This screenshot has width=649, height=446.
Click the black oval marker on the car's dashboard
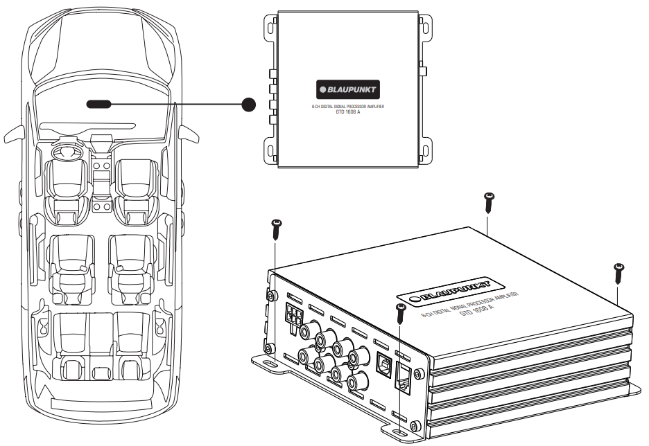[x=98, y=105]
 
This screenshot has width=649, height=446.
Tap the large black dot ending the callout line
[x=250, y=105]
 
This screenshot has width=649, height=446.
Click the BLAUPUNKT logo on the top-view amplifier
[x=348, y=90]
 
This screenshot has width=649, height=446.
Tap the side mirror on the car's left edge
[x=12, y=132]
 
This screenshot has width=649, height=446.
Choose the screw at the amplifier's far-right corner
[x=618, y=273]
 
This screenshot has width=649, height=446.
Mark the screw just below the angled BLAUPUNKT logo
[x=400, y=313]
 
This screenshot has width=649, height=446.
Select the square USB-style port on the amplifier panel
[x=382, y=363]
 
